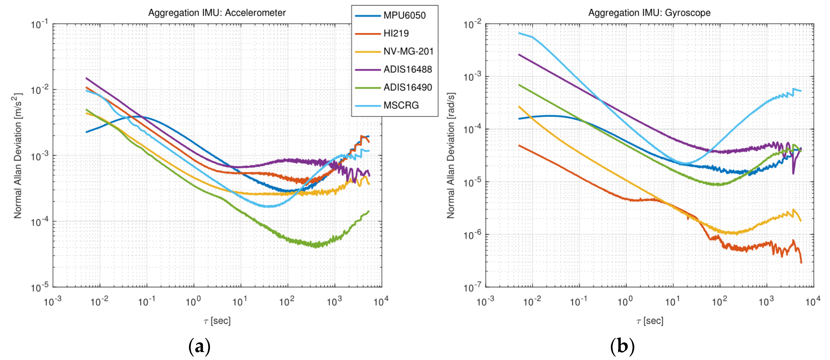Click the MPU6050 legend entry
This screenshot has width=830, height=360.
[404, 15]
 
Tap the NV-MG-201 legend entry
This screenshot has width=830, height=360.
[408, 52]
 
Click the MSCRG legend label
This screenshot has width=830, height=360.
[401, 105]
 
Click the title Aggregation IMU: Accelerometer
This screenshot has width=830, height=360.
[217, 13]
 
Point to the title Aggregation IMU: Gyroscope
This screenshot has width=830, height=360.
[649, 13]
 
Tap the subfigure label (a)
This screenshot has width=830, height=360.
[199, 346]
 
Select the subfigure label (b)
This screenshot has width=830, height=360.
[622, 346]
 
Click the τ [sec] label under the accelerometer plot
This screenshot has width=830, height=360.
[217, 321]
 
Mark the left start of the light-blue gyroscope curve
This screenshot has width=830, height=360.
[519, 33]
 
